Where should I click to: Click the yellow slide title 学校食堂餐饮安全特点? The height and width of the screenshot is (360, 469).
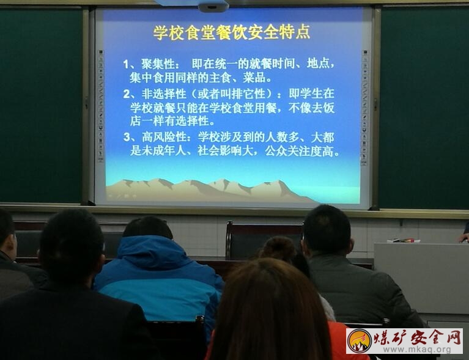[x=232, y=32]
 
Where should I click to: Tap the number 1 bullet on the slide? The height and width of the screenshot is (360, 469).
[x=127, y=64]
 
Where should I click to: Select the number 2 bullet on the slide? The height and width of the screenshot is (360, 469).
[x=127, y=94]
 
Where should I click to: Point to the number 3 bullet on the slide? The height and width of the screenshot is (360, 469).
[x=127, y=138]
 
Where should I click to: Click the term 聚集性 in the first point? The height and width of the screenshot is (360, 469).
[x=158, y=64]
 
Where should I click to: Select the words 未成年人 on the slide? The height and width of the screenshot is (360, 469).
[x=164, y=152]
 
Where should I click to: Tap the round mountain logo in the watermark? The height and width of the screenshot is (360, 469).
[x=359, y=341]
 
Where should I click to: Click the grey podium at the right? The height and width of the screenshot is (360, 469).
[x=421, y=278]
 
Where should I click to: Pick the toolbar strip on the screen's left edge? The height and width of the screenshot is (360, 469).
[x=100, y=106]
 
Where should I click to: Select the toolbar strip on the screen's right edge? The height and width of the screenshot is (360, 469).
[x=364, y=108]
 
